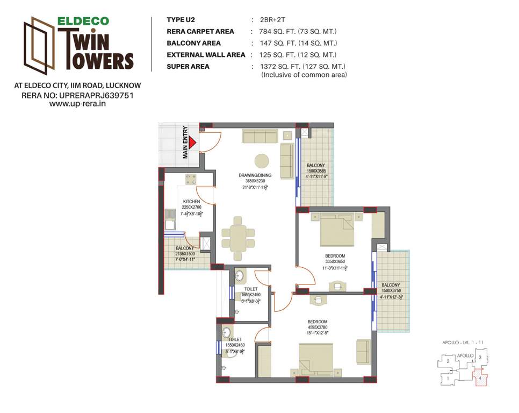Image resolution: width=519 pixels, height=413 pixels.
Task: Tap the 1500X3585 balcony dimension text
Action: tap(316, 170)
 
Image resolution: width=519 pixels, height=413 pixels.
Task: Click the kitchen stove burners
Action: tap(191, 179)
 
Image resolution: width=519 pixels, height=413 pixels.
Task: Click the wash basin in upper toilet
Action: tap(240, 277)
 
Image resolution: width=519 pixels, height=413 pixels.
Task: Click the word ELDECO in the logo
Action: tap(83, 22)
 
